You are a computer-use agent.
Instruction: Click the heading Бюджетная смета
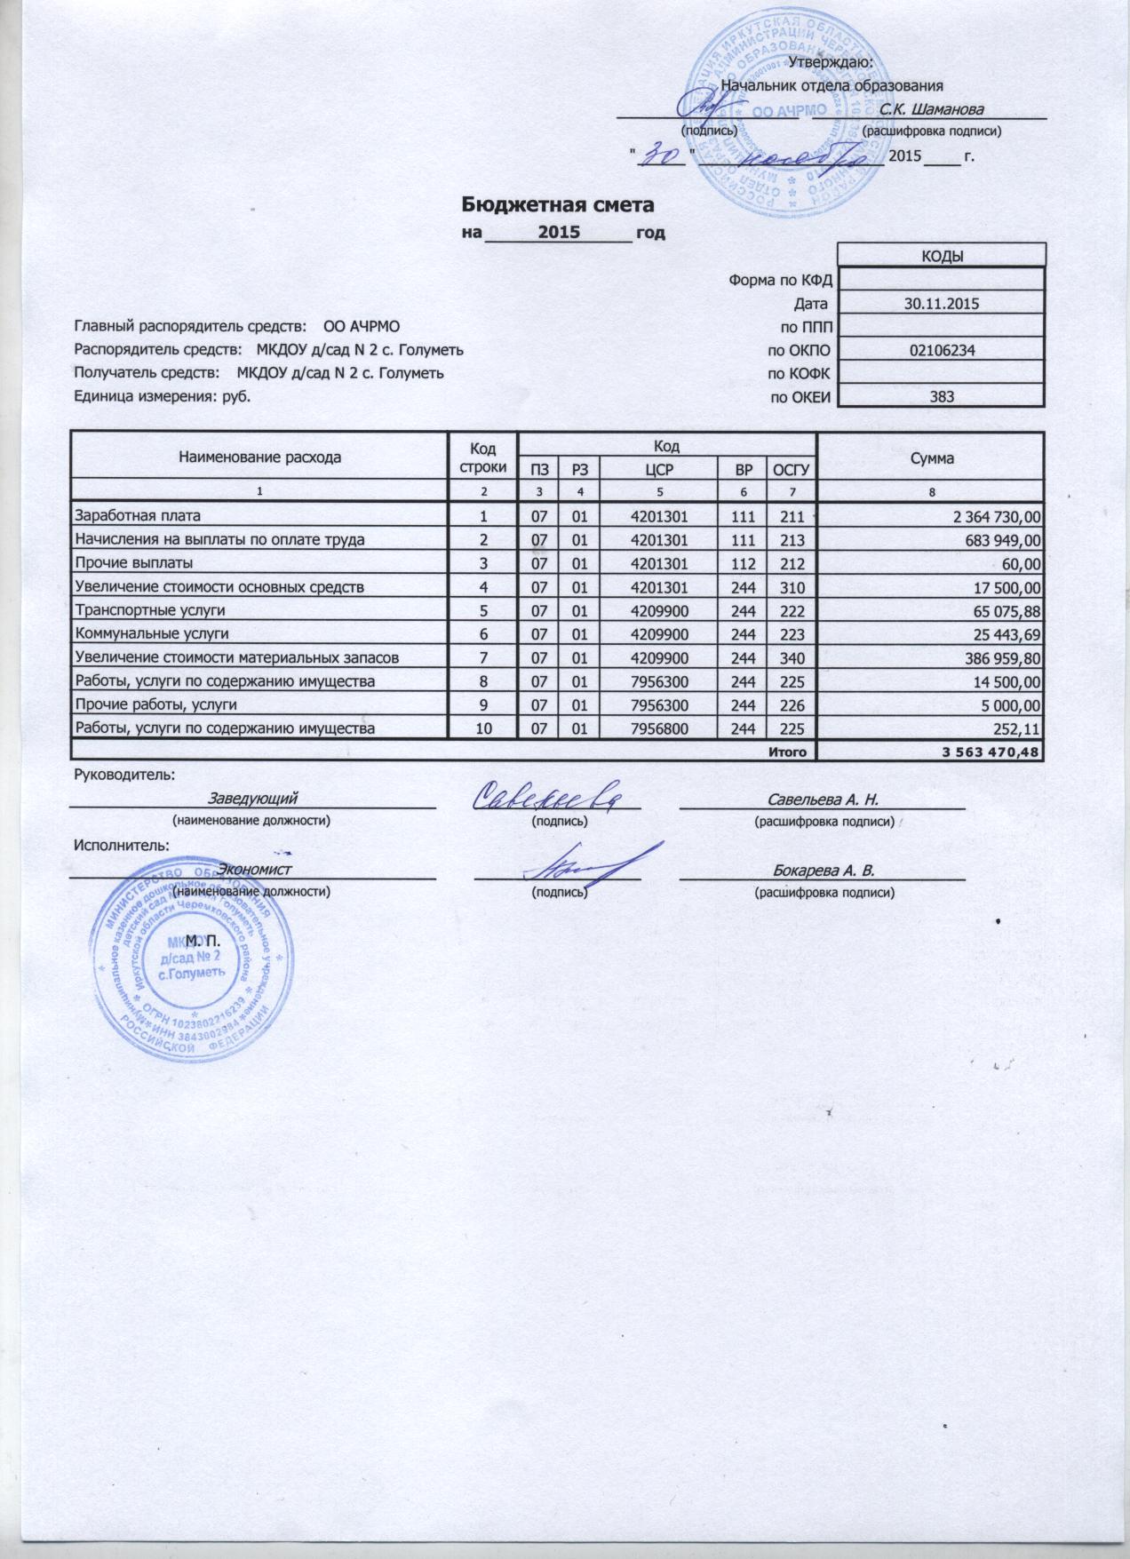point(557,205)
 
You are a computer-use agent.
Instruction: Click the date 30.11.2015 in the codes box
point(941,304)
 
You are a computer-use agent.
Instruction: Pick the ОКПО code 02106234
point(942,350)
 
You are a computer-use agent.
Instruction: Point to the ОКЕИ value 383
point(942,397)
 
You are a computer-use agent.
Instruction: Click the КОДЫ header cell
point(942,256)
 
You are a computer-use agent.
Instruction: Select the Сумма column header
point(930,457)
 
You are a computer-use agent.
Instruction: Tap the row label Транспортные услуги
point(149,610)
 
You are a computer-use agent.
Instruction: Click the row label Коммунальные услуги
point(152,633)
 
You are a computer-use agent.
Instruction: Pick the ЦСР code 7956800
point(658,728)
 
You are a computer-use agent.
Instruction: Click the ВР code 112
point(744,563)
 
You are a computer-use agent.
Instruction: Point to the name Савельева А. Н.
point(823,799)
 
